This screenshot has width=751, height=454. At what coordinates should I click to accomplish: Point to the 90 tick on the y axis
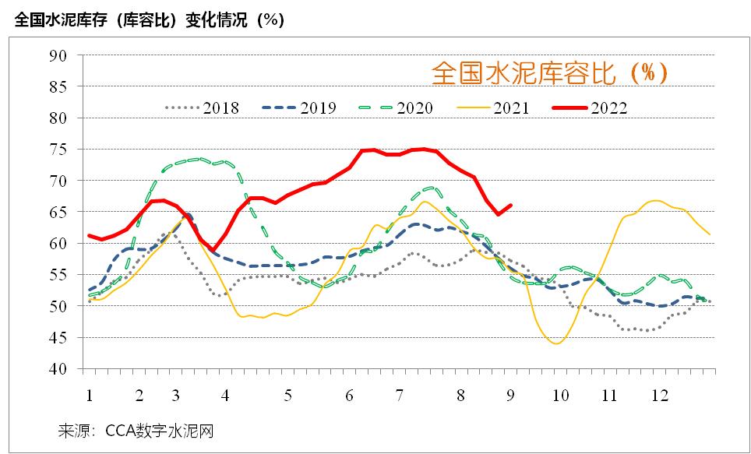[59, 55]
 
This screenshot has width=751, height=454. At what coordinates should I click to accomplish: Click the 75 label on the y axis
[59, 150]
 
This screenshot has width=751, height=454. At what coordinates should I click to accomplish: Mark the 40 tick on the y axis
[59, 369]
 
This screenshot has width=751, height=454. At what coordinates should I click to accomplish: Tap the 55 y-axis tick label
[59, 275]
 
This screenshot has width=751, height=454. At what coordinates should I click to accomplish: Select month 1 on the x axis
[90, 396]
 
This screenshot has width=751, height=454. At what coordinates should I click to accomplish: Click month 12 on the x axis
[660, 396]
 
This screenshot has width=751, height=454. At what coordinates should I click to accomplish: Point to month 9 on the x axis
[512, 396]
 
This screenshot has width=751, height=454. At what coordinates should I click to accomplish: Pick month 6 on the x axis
[348, 396]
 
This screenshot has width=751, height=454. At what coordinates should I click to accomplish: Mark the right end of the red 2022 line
[511, 206]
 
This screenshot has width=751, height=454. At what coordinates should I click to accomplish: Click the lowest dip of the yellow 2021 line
[557, 343]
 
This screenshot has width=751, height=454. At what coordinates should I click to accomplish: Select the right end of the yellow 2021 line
[710, 234]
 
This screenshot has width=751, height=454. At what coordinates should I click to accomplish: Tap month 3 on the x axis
[176, 396]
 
